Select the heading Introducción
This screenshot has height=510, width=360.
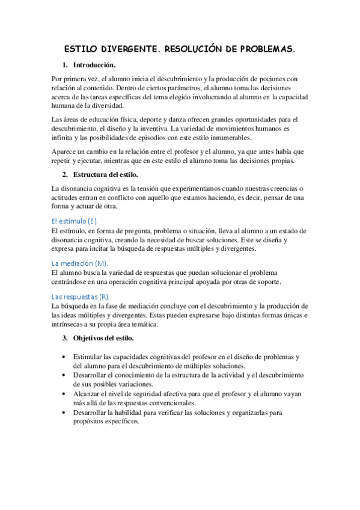pyautogui.click(x=94, y=65)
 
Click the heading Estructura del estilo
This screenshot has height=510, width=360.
pyautogui.click(x=106, y=174)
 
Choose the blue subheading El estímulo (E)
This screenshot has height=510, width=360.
pyautogui.click(x=75, y=221)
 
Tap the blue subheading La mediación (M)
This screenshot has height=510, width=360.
pyautogui.click(x=80, y=263)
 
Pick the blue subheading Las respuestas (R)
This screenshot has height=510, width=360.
pyautogui.click(x=81, y=297)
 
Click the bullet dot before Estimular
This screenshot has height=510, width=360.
pyautogui.click(x=65, y=357)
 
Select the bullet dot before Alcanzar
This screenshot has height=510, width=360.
pyautogui.click(x=65, y=394)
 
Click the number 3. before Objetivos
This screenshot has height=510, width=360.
pyautogui.click(x=65, y=339)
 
